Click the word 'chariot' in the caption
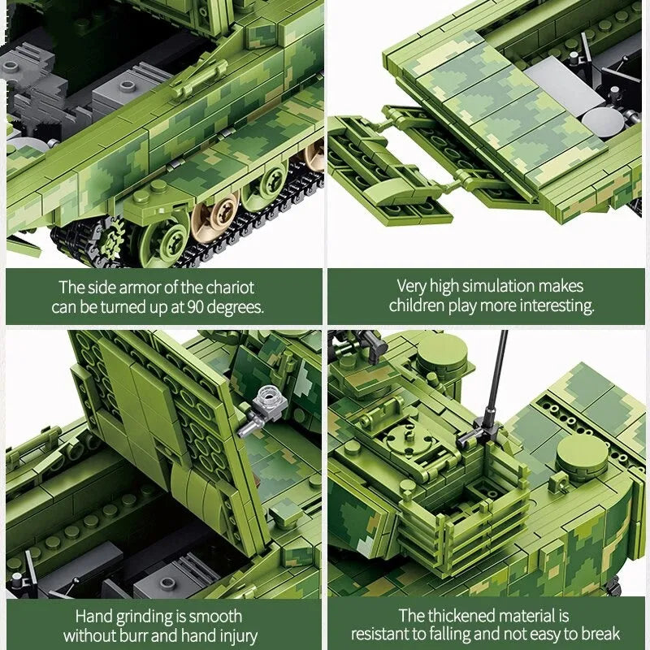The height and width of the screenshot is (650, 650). point(230,288)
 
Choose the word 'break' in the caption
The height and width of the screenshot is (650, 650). point(600,635)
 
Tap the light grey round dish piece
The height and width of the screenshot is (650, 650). point(602,121)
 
